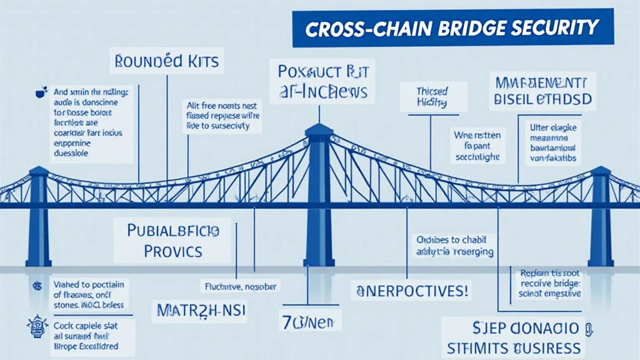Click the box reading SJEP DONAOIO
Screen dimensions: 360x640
(521, 329)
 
